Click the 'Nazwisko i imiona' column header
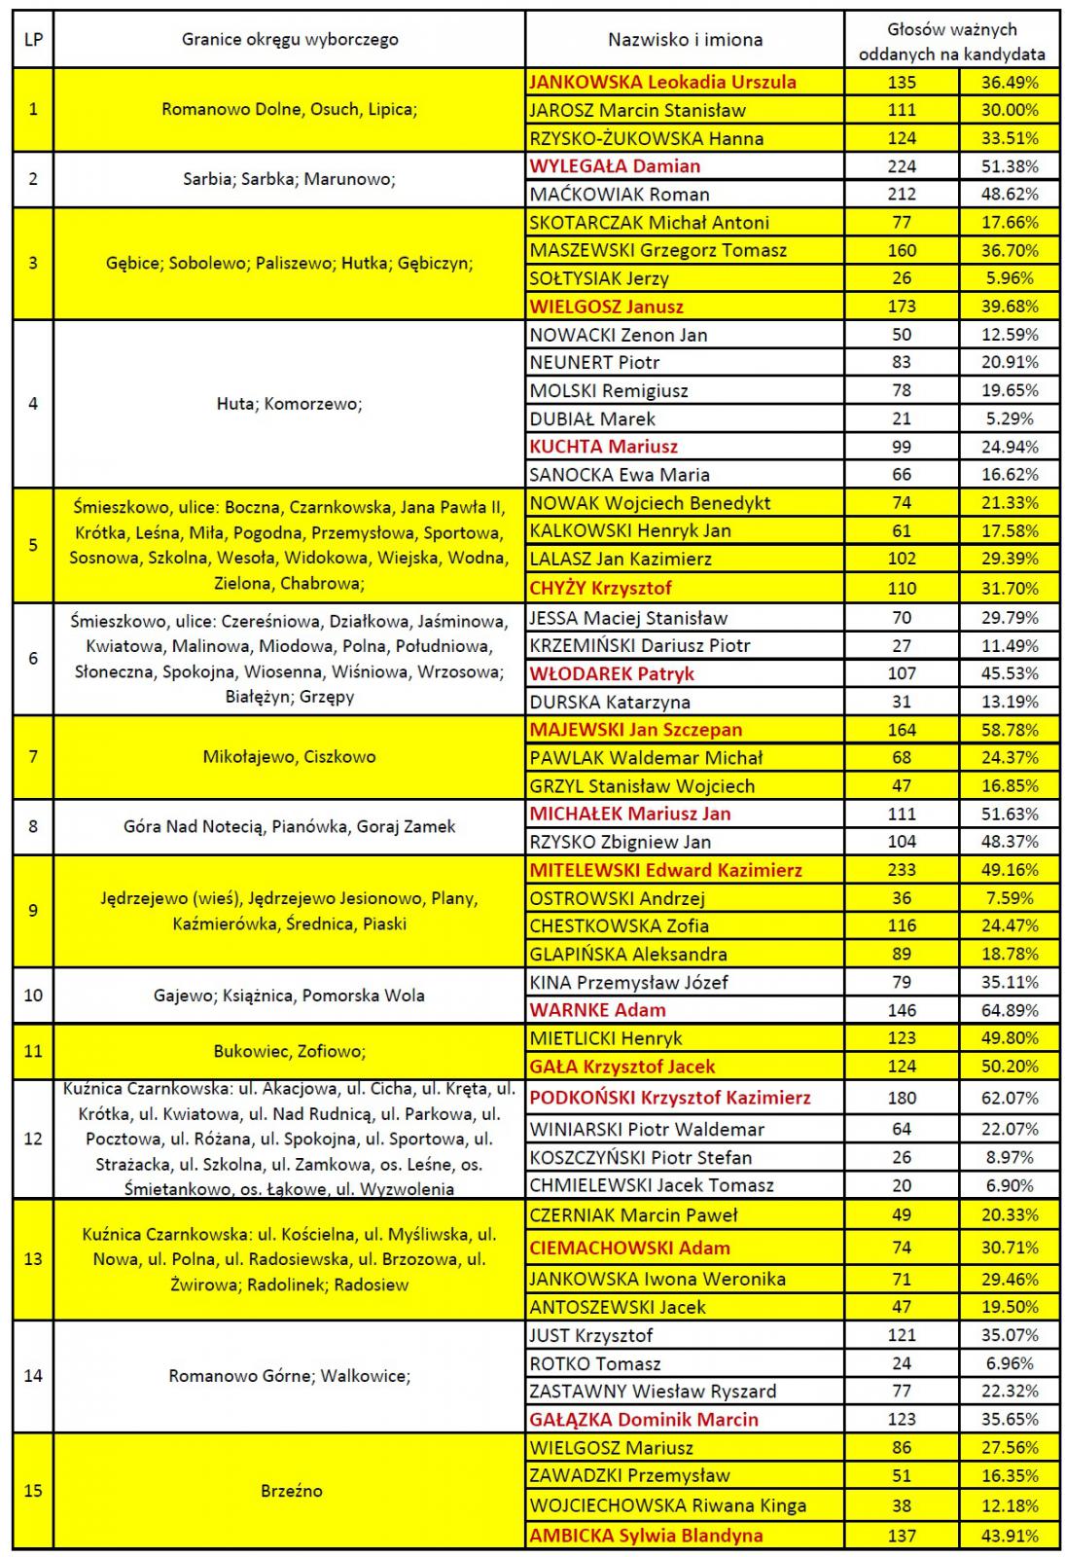(x=685, y=40)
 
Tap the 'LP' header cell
(x=33, y=40)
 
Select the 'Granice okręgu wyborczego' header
(x=290, y=40)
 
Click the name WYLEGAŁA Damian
(x=615, y=166)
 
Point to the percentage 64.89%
(x=1010, y=1010)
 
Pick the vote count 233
(x=902, y=870)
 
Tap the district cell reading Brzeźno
(x=291, y=1491)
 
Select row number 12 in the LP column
(x=33, y=1139)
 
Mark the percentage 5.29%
(x=1010, y=419)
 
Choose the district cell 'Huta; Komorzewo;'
(x=289, y=404)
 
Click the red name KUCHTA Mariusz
(x=603, y=447)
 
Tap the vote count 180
(x=902, y=1098)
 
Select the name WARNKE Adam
(x=597, y=1010)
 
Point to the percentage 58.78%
(x=1010, y=730)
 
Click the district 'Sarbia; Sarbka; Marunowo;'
(x=289, y=179)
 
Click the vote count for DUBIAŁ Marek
(x=902, y=419)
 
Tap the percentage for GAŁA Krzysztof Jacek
(x=1010, y=1067)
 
